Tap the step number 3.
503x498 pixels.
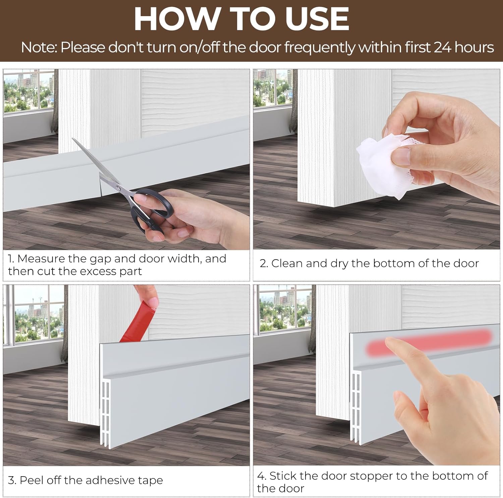11,480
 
